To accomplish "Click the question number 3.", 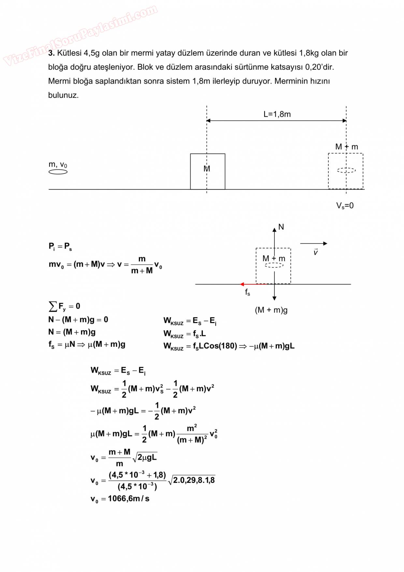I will click(x=51, y=53).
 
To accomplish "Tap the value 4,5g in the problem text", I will click(x=92, y=53).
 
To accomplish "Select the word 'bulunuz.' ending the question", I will click(x=64, y=95).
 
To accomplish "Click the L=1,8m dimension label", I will click(x=277, y=114).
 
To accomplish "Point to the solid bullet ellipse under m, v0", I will click(x=58, y=172).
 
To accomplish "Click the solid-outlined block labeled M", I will click(x=208, y=171).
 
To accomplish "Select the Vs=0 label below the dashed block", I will click(x=345, y=206).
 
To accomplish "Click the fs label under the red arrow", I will click(x=248, y=292).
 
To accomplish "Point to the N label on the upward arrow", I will click(x=281, y=227).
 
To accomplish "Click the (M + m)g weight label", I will click(x=271, y=310).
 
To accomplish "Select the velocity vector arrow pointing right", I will click(x=313, y=243).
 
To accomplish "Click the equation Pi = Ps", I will click(x=60, y=246).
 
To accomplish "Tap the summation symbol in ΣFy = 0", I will click(x=52, y=306).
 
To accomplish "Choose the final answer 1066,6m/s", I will click(x=129, y=499).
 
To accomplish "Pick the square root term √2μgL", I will click(x=145, y=457).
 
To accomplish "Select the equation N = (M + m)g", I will click(x=72, y=332).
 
